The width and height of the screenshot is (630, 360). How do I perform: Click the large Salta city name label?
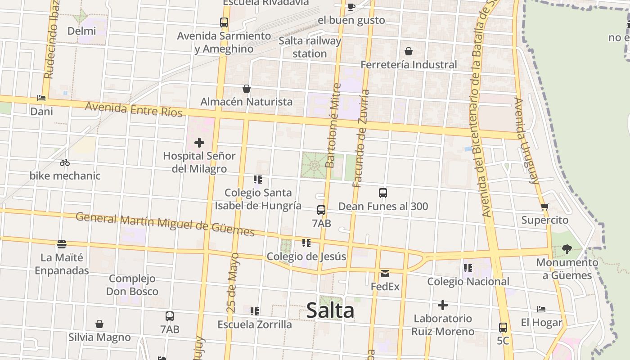330,310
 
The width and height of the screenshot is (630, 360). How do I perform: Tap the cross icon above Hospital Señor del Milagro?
199,143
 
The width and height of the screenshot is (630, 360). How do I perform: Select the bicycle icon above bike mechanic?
65,162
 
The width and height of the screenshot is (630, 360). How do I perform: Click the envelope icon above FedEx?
385,273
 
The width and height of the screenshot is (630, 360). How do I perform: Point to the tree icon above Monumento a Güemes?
567,249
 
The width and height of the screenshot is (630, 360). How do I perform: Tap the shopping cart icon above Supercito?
545,207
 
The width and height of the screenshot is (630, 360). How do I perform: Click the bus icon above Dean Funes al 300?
383,193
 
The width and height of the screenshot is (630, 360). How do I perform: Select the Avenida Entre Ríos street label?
134,109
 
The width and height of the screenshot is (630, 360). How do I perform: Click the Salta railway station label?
310,47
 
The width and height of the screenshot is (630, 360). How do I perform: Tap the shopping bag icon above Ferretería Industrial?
409,51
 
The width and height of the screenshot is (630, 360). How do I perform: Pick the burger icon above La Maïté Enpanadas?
62,244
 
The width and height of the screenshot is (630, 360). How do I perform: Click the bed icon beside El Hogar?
541,309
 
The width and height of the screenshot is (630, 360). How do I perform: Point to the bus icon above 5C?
503,328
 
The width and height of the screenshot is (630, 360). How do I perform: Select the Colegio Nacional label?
468,282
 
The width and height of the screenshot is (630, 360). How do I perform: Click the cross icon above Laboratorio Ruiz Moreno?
443,305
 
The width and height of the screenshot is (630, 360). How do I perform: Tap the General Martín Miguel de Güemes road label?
165,224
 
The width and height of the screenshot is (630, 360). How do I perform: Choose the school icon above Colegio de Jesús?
306,243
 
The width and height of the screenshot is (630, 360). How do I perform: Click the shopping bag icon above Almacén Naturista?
247,89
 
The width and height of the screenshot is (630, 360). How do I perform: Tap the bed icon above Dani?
41,98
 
